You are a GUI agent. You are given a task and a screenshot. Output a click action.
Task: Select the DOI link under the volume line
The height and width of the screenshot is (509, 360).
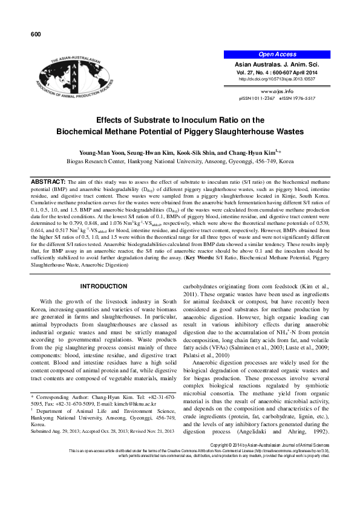point(278,79)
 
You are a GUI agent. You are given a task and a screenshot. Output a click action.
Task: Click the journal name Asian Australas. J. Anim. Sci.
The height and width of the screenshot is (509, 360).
point(278,63)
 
